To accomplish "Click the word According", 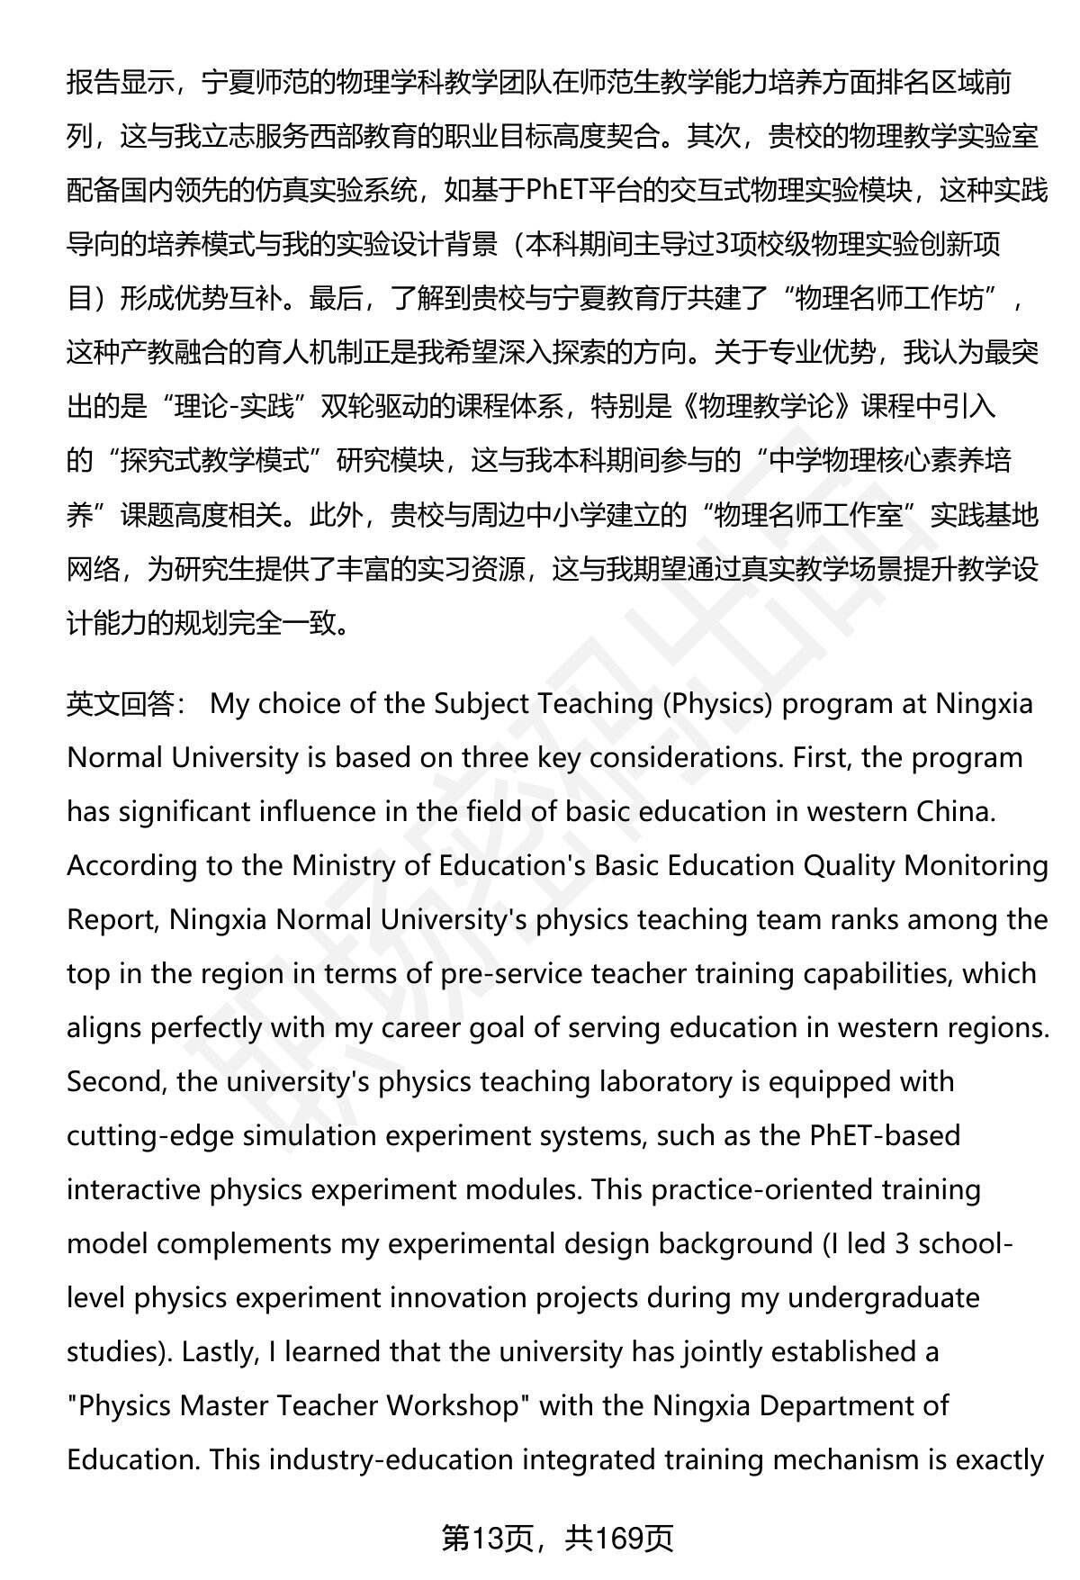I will [129, 866].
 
